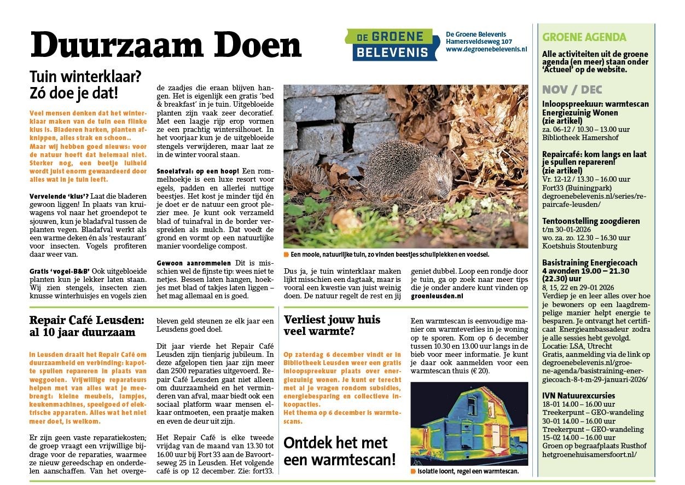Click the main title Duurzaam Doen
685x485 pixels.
pyautogui.click(x=166, y=45)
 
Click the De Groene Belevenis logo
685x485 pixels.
pyautogui.click(x=392, y=44)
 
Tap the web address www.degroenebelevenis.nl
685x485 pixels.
pyautogui.click(x=486, y=49)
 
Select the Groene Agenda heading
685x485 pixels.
pyautogui.click(x=584, y=38)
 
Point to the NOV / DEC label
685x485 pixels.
pyautogui.click(x=573, y=90)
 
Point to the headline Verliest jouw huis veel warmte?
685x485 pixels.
pyautogui.click(x=332, y=325)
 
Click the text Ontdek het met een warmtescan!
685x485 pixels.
pyautogui.click(x=339, y=451)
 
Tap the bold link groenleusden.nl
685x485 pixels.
pyautogui.click(x=437, y=295)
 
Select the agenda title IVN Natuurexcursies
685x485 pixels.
pyautogui.click(x=578, y=395)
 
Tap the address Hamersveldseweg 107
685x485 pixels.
pyautogui.click(x=479, y=41)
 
